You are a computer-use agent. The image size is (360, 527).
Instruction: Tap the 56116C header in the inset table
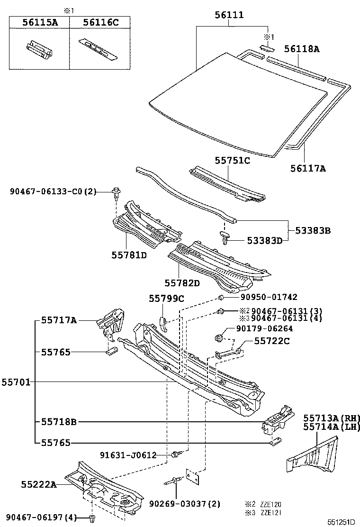(100, 22)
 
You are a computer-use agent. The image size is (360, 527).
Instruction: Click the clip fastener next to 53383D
(226, 237)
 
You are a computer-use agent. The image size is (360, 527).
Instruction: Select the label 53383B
(313, 231)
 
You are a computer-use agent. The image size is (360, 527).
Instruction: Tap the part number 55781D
(129, 255)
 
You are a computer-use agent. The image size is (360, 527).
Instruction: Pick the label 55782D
(182, 283)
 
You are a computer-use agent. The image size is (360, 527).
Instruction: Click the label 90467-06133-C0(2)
(53, 191)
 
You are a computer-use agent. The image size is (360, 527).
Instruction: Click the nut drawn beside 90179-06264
(219, 337)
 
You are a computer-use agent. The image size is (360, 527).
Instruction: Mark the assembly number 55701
(15, 382)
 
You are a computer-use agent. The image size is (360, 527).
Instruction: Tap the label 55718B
(58, 421)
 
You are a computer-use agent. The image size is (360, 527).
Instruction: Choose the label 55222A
(39, 484)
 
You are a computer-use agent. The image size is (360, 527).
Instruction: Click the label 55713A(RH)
(332, 418)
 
